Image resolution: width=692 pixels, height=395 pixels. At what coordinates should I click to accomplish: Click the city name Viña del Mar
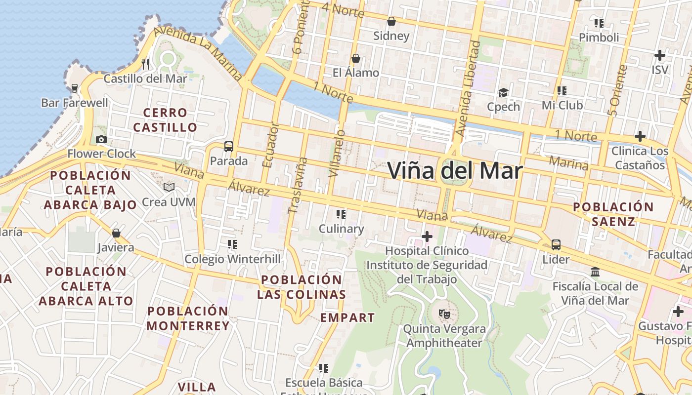[455, 171]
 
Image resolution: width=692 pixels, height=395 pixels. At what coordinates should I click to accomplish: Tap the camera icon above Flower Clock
[101, 140]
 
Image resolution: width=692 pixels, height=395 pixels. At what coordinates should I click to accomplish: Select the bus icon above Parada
[228, 147]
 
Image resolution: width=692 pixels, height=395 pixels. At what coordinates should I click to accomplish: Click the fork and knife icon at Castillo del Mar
[145, 64]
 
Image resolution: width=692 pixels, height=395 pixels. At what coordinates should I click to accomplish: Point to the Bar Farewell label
[75, 103]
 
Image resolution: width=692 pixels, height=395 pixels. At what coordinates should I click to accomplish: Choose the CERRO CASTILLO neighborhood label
[165, 120]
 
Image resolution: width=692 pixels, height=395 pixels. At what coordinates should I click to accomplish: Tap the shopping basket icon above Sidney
[391, 21]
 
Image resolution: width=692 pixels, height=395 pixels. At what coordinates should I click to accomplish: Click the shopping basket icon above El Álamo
[355, 59]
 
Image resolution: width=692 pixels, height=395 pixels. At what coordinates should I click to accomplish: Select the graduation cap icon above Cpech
[503, 92]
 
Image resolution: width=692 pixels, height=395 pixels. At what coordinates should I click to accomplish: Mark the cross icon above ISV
[659, 55]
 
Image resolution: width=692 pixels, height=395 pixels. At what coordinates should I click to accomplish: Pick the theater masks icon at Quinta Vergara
[444, 314]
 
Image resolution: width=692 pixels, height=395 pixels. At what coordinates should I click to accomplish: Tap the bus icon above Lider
[556, 244]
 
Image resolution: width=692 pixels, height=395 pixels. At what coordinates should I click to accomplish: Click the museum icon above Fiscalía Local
[595, 272]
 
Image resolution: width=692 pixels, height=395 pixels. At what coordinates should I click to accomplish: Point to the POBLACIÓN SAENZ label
[613, 214]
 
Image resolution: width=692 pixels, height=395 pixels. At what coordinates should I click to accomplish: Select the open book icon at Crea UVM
[169, 187]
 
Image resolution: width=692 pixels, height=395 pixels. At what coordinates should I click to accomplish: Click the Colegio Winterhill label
[232, 259]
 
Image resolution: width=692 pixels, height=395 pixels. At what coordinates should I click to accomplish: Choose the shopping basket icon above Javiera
[116, 233]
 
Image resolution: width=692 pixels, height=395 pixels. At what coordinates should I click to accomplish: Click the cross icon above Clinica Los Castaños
[640, 136]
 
